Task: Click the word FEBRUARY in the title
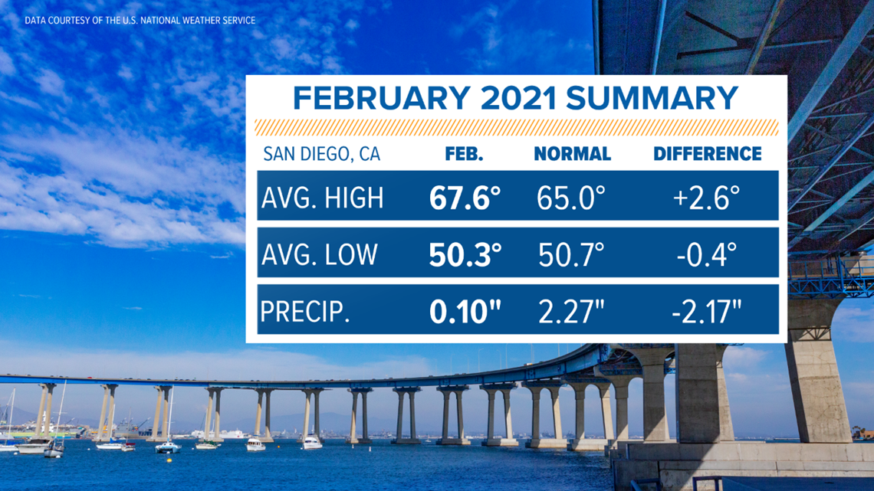click(x=381, y=98)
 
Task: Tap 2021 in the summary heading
click(x=518, y=98)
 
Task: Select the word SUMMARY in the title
click(x=652, y=98)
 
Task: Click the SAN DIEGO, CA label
click(x=322, y=154)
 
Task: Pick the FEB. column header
click(x=464, y=154)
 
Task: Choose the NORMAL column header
click(x=573, y=154)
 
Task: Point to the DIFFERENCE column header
click(x=708, y=154)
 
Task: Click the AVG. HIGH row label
click(x=323, y=198)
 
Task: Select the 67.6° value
click(x=465, y=198)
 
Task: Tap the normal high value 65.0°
click(x=571, y=198)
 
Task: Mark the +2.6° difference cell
click(x=706, y=198)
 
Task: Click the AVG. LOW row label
click(x=320, y=255)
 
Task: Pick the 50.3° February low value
click(x=465, y=255)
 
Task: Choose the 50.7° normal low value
click(x=572, y=255)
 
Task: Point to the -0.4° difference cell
click(x=707, y=255)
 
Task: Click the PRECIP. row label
click(x=305, y=312)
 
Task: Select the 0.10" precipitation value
click(x=465, y=312)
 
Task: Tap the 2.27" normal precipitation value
click(x=571, y=312)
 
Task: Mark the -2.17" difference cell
click(x=707, y=312)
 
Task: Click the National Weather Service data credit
click(x=140, y=21)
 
